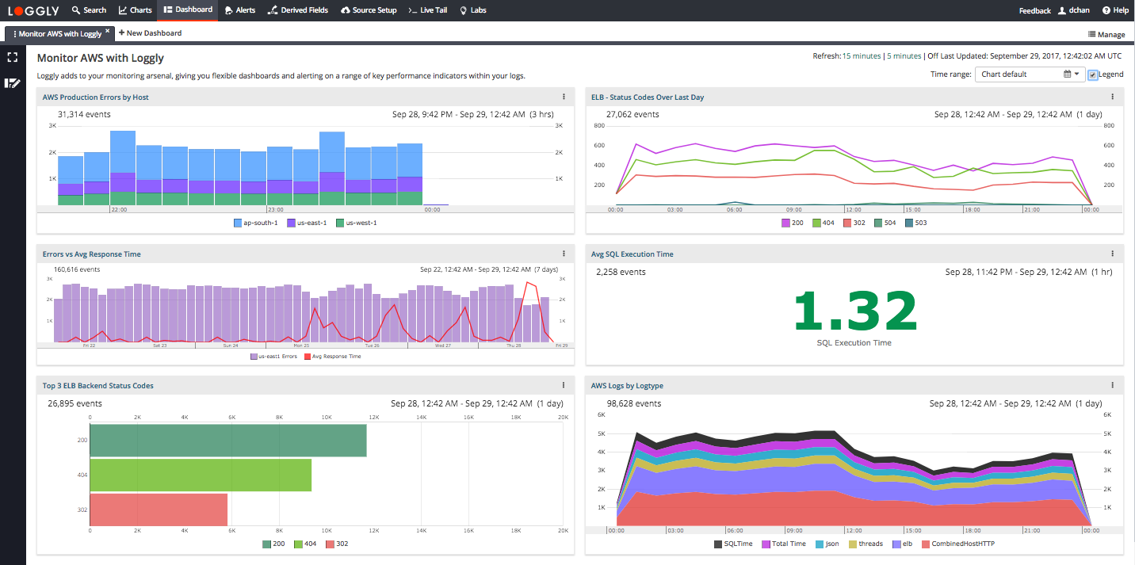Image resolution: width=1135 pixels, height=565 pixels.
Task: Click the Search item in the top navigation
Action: click(x=89, y=10)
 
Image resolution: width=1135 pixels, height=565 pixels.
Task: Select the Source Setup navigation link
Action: click(x=369, y=10)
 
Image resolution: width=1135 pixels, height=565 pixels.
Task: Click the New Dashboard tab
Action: click(x=150, y=33)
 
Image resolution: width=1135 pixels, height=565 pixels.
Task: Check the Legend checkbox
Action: click(x=1093, y=74)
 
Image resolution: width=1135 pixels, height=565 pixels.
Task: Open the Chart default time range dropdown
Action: click(x=1030, y=74)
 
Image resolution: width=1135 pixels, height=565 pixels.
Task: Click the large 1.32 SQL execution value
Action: click(x=854, y=311)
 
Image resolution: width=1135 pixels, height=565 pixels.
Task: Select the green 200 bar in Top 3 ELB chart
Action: click(x=228, y=441)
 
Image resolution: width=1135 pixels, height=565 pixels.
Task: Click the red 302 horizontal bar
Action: click(x=159, y=510)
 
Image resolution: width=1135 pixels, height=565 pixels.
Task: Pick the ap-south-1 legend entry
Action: click(x=255, y=223)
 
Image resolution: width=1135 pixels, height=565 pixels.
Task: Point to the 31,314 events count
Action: click(x=83, y=114)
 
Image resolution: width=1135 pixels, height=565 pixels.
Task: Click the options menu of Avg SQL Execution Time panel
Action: click(x=1112, y=254)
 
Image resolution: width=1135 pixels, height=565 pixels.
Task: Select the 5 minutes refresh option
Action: click(x=904, y=56)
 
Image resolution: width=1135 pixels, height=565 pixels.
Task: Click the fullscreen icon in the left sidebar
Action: click(x=12, y=57)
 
